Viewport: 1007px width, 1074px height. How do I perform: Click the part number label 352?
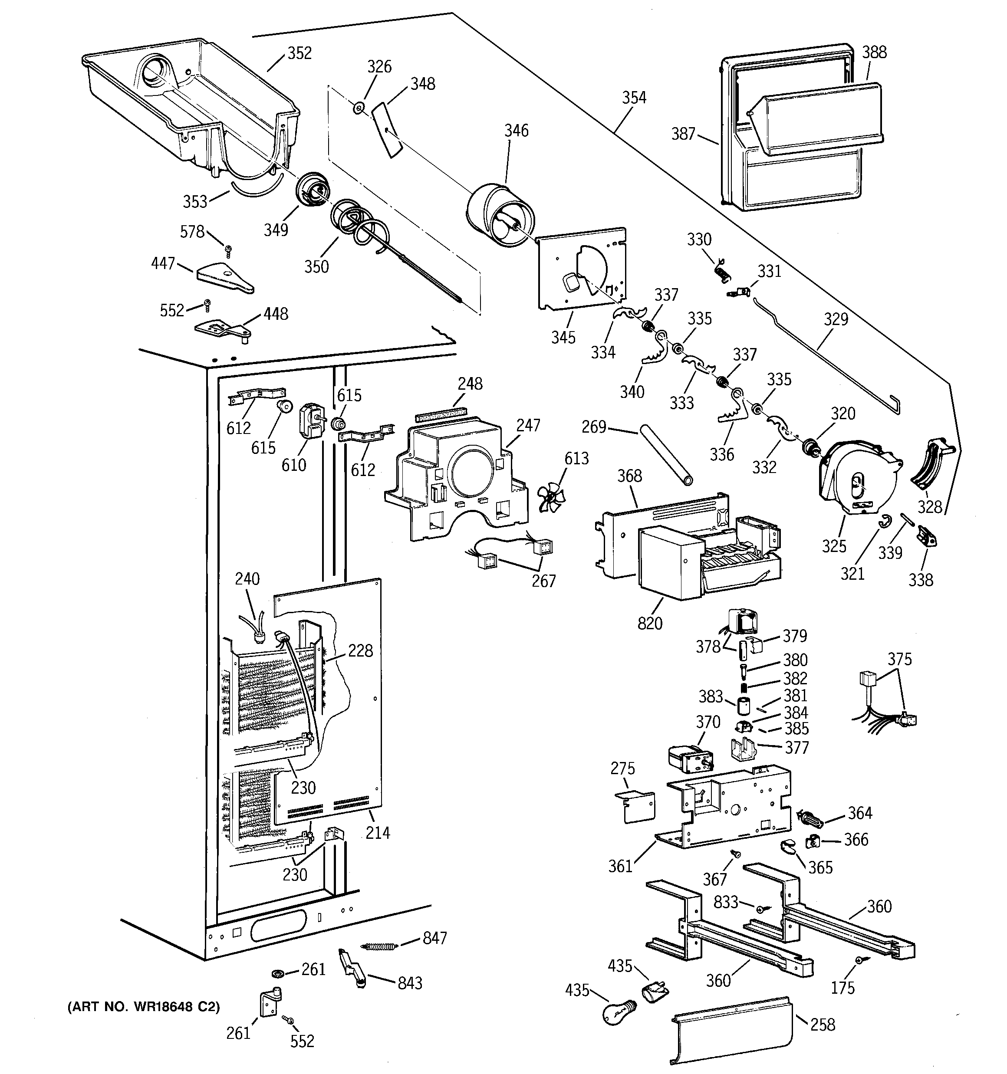(x=299, y=53)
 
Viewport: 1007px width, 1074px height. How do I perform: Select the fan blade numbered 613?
(x=551, y=496)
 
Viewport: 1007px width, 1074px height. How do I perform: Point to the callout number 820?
(x=649, y=623)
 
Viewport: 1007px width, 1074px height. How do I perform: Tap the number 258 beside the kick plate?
(x=823, y=1024)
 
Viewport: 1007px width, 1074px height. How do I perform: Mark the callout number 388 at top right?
(x=874, y=53)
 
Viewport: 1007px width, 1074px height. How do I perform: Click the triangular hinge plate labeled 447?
(x=225, y=278)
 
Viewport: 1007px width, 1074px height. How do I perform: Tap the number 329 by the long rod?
(x=836, y=319)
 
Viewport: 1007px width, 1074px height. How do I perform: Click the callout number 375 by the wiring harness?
(x=899, y=659)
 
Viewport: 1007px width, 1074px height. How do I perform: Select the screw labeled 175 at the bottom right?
(x=859, y=960)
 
